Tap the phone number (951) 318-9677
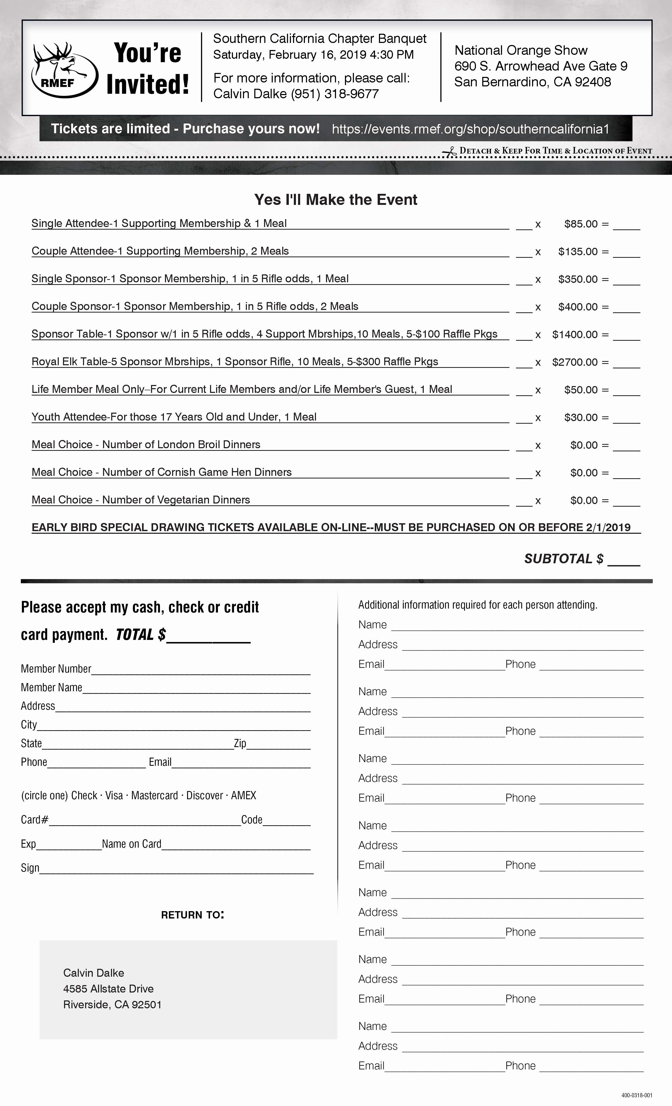click(x=335, y=94)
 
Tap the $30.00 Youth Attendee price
click(x=581, y=417)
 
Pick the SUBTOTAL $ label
click(x=564, y=559)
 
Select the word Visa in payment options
click(x=114, y=795)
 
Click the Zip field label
click(x=240, y=743)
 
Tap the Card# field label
click(x=35, y=819)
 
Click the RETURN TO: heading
click(x=192, y=915)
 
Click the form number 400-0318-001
click(x=636, y=1095)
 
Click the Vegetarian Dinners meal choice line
click(x=141, y=500)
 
